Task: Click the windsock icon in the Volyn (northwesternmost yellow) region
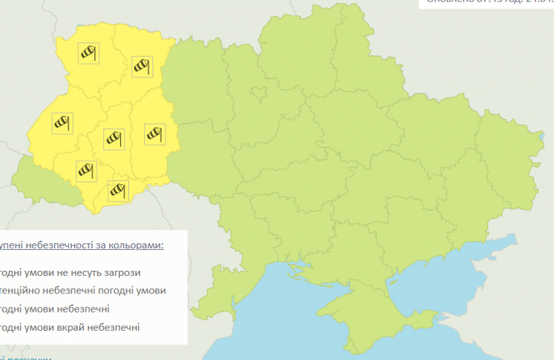pos(88,52)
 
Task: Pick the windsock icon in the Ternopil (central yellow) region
pos(113,139)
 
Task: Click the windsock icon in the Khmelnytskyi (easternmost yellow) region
pos(155,132)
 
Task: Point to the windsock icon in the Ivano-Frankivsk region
pos(87,171)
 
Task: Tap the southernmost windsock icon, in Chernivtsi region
pos(118,191)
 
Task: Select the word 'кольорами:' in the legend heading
pos(137,245)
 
